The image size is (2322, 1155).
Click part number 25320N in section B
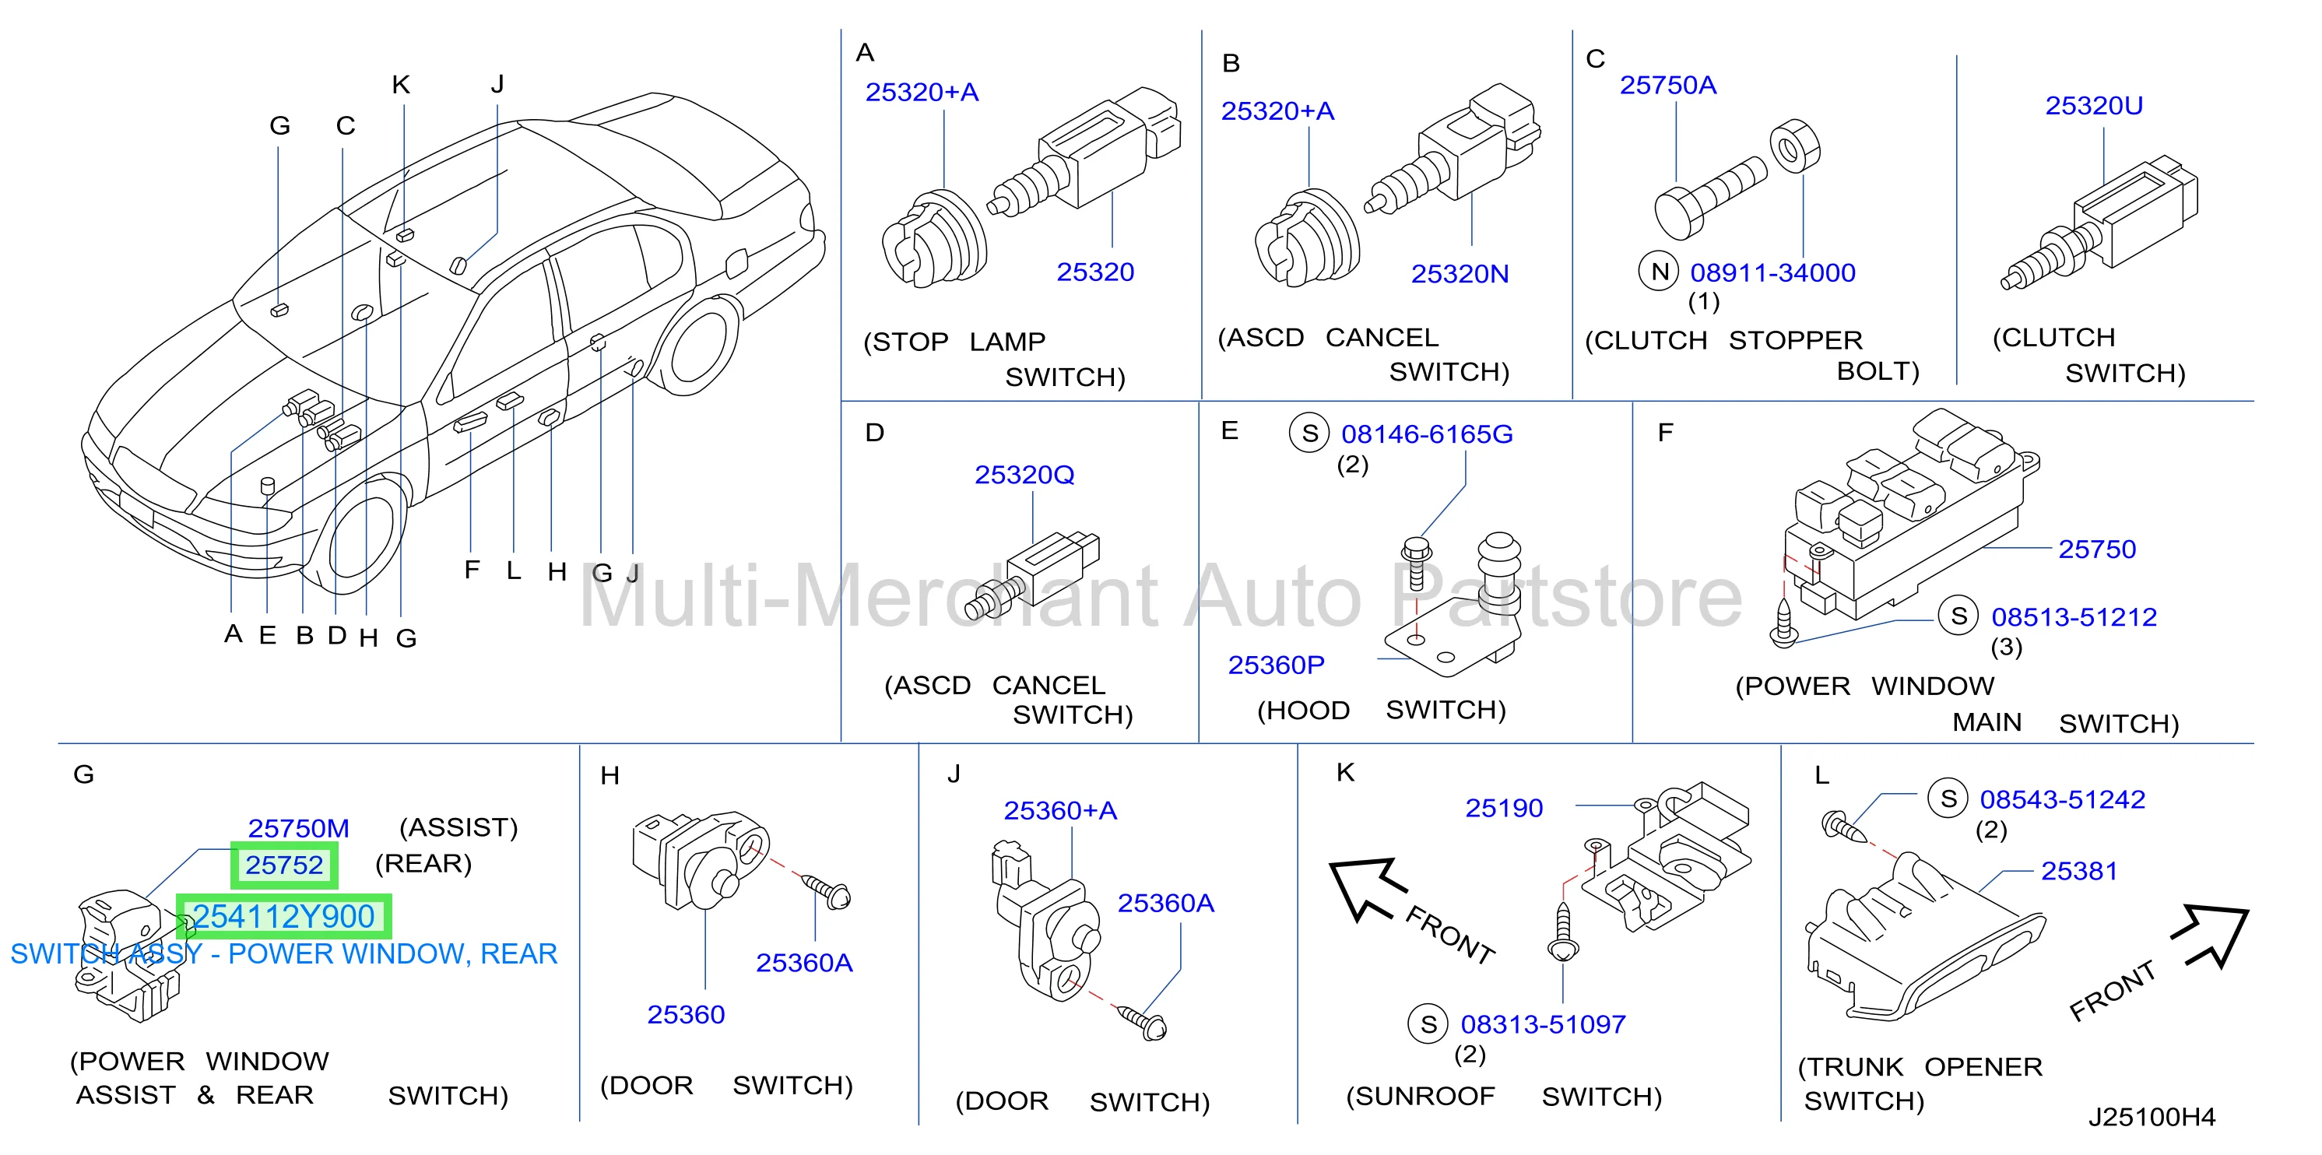coord(1460,274)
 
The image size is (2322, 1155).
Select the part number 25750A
coord(1667,86)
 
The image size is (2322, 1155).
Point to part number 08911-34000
coord(1772,273)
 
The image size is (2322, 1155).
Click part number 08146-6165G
coord(1427,434)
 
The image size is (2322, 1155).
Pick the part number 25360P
coord(1276,665)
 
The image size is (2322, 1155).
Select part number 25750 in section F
coord(2097,549)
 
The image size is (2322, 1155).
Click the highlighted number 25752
coord(284,865)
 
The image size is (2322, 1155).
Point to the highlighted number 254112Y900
coord(284,916)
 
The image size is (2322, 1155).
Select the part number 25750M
coord(298,828)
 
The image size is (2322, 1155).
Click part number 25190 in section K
coord(1504,808)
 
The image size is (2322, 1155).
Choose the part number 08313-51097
coord(1543,1024)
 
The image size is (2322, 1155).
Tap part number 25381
coord(2078,871)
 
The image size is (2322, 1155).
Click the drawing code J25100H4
coord(2152,1117)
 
